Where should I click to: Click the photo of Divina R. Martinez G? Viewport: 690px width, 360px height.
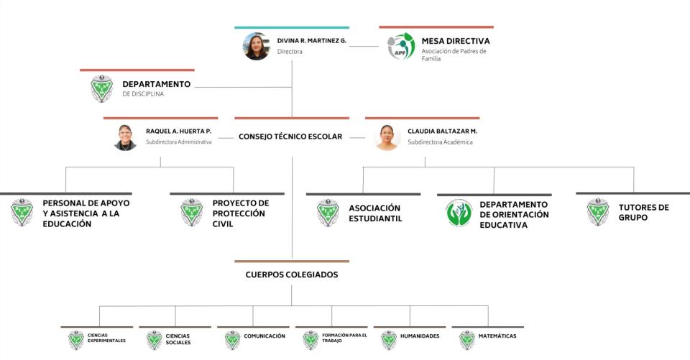(256, 46)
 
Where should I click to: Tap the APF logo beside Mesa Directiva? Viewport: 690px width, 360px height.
(401, 46)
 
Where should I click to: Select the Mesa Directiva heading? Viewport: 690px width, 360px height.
(456, 41)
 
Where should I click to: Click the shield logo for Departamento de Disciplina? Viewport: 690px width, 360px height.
(101, 88)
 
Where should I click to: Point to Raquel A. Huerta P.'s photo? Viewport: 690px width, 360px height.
(125, 137)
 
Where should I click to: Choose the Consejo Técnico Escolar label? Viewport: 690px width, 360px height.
(290, 137)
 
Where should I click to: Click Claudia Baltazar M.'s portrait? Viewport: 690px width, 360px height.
(387, 137)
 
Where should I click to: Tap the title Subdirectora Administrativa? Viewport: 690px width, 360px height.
(178, 142)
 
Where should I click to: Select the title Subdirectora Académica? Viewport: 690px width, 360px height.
(440, 142)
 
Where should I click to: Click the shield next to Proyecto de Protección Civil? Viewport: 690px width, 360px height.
(191, 213)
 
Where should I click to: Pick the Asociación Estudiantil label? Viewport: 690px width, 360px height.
(375, 213)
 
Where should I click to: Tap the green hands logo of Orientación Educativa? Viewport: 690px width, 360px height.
(459, 213)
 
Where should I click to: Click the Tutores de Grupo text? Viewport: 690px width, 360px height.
(643, 212)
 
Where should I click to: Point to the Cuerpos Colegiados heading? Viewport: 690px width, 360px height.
(291, 274)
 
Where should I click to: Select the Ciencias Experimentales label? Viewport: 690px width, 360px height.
(106, 338)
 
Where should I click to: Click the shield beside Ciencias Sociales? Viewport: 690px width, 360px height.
(154, 339)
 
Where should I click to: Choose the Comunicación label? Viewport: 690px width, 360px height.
(264, 336)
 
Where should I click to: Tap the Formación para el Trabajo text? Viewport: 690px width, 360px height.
(344, 338)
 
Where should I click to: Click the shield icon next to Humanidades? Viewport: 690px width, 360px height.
(389, 339)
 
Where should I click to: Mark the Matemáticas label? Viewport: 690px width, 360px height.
(497, 336)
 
